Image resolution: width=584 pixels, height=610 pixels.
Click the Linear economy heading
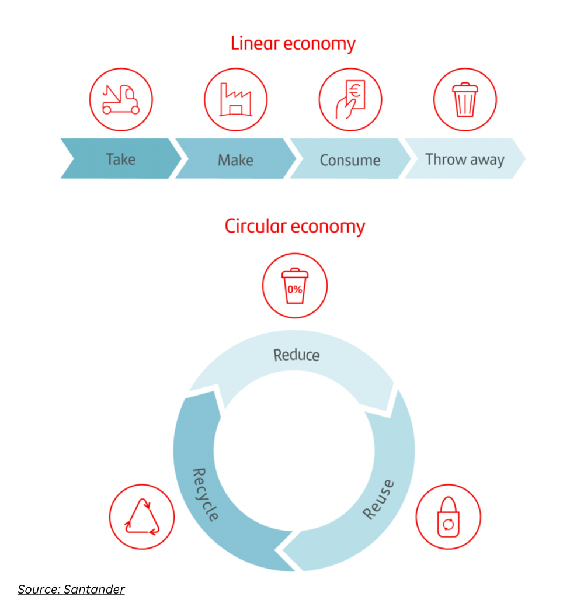(293, 44)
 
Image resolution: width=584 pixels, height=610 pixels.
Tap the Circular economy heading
(295, 226)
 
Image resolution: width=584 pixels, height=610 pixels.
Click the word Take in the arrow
(120, 159)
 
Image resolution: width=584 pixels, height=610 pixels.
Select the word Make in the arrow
(235, 160)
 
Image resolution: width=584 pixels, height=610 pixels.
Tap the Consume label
(350, 160)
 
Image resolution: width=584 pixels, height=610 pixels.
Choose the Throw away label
(465, 160)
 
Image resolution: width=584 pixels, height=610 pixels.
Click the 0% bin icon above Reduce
(295, 286)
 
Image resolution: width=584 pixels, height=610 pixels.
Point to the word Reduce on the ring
(297, 355)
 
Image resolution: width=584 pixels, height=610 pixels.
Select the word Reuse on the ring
(378, 500)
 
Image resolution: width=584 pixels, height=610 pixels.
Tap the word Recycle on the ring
(206, 494)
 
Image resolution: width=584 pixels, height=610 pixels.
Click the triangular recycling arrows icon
(142, 517)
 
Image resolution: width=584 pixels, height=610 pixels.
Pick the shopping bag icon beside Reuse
(448, 517)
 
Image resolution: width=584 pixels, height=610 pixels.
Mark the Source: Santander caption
(71, 590)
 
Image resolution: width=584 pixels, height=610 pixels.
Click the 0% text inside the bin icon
(295, 289)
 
